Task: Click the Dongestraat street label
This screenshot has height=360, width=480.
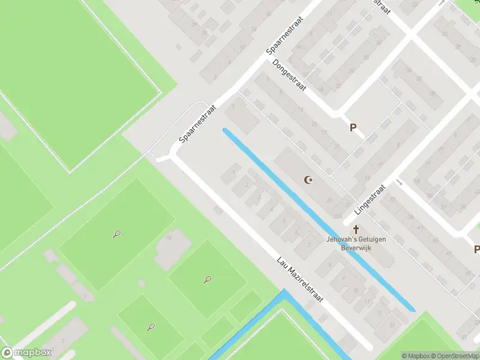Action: [x=289, y=75]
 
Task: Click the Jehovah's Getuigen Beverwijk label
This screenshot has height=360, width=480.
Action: [x=356, y=243]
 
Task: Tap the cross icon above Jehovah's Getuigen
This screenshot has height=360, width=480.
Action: [x=356, y=229]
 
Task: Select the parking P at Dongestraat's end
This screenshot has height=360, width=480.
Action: [x=353, y=127]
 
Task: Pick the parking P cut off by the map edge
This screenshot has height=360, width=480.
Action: [x=476, y=250]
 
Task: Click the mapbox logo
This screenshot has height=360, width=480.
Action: [x=26, y=353]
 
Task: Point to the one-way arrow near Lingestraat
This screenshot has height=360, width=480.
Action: [x=398, y=181]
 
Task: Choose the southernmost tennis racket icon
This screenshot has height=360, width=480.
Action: [x=151, y=327]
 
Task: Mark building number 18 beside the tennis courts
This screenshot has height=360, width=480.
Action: [x=169, y=238]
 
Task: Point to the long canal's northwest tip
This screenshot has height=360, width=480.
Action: [x=225, y=130]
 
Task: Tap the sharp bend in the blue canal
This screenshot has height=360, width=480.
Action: [x=283, y=293]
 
